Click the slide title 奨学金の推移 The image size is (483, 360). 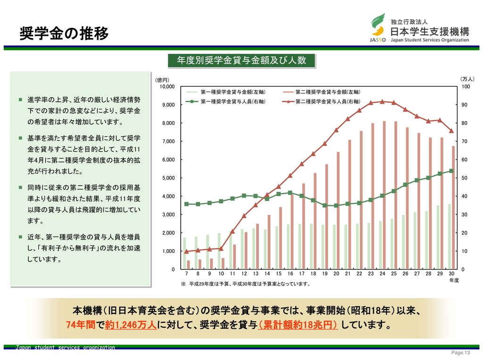pos(64,33)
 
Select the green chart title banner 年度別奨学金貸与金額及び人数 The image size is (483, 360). pos(241,60)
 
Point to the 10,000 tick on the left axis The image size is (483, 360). pos(167,87)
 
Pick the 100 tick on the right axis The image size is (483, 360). pos(466,87)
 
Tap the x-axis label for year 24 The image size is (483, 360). pos(382,274)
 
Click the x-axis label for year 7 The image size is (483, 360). pos(186,274)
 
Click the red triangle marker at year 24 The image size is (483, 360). pos(382,101)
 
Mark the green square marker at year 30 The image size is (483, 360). pos(451,171)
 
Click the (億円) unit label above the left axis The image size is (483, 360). pos(162,80)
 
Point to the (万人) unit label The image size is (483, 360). pos(467,80)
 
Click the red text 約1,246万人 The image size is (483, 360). pos(131,325)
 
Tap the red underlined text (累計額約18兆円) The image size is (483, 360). pos(298,325)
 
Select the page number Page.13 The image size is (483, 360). pos(461,353)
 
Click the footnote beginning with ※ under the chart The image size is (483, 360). pos(245,284)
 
